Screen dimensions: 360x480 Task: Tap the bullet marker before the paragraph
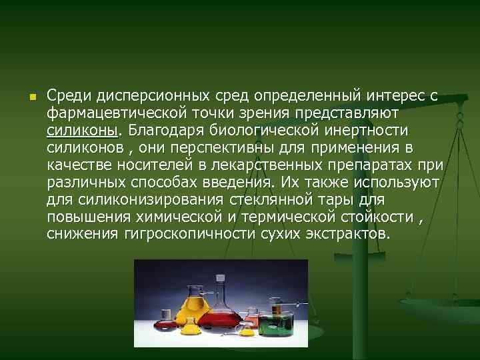pyautogui.click(x=31, y=97)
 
